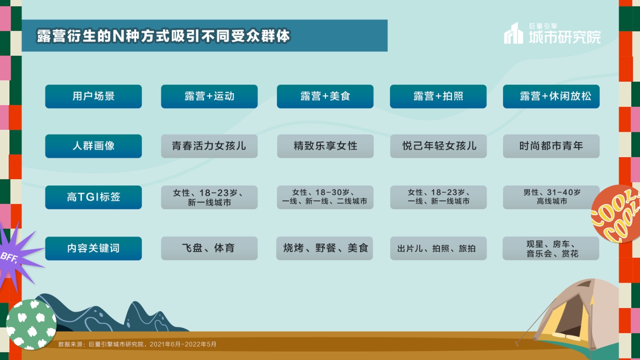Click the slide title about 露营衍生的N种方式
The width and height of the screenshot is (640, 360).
click(x=163, y=36)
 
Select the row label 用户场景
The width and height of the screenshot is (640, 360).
click(x=93, y=96)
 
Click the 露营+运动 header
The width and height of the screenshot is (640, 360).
click(x=209, y=96)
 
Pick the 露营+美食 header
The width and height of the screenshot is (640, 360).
click(x=325, y=96)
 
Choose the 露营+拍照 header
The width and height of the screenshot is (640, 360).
click(x=438, y=96)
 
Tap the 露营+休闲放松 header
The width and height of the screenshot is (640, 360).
click(x=551, y=96)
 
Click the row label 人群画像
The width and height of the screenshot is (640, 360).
click(x=93, y=146)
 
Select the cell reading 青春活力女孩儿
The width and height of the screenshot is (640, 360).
click(x=209, y=146)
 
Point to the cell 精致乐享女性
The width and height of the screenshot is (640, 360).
click(x=325, y=146)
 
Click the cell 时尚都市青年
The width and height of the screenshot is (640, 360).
click(x=551, y=146)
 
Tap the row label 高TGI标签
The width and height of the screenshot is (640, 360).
click(x=93, y=197)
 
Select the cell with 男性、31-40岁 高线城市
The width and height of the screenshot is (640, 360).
click(x=551, y=197)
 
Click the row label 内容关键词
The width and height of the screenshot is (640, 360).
click(x=93, y=248)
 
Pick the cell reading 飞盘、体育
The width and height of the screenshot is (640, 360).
click(x=209, y=248)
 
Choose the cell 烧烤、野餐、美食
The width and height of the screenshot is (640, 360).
click(x=325, y=248)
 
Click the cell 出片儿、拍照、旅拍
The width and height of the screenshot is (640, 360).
click(x=438, y=248)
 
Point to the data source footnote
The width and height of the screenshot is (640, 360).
click(x=137, y=344)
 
